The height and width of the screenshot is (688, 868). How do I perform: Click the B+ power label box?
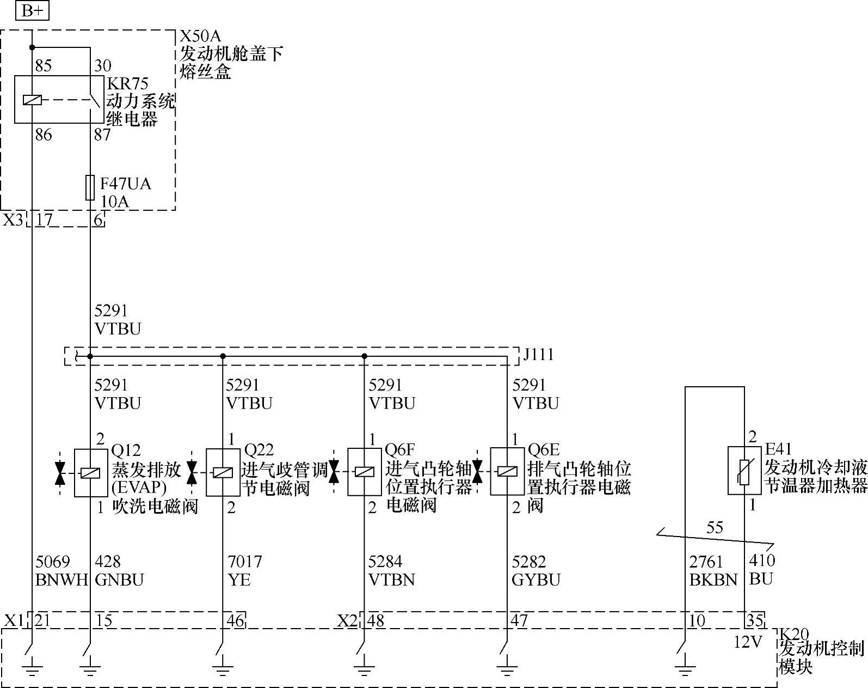(x=32, y=10)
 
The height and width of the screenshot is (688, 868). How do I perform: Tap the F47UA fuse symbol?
(x=90, y=187)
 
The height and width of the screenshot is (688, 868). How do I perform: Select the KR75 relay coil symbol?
(x=32, y=100)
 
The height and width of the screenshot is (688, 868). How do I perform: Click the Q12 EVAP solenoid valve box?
(x=90, y=473)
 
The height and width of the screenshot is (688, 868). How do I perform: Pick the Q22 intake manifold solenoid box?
(x=223, y=472)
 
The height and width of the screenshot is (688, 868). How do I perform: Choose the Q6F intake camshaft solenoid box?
(x=364, y=472)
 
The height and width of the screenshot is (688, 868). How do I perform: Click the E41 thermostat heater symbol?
(x=744, y=471)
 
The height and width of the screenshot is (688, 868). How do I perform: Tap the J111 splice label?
(x=538, y=355)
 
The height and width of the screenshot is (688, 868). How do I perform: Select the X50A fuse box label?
(x=200, y=36)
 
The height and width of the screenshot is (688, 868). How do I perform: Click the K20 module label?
(x=794, y=634)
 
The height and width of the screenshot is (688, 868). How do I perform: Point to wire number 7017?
(x=244, y=561)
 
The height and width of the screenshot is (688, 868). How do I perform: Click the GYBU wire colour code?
(x=535, y=580)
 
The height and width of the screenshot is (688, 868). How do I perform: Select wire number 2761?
(x=706, y=562)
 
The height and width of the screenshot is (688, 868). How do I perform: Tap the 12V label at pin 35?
(x=748, y=642)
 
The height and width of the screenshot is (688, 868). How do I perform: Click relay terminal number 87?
(x=102, y=135)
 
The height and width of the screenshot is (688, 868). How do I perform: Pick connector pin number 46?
(x=235, y=620)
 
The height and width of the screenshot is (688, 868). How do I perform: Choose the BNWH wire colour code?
(x=61, y=580)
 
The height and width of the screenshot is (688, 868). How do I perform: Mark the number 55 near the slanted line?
(x=715, y=527)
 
